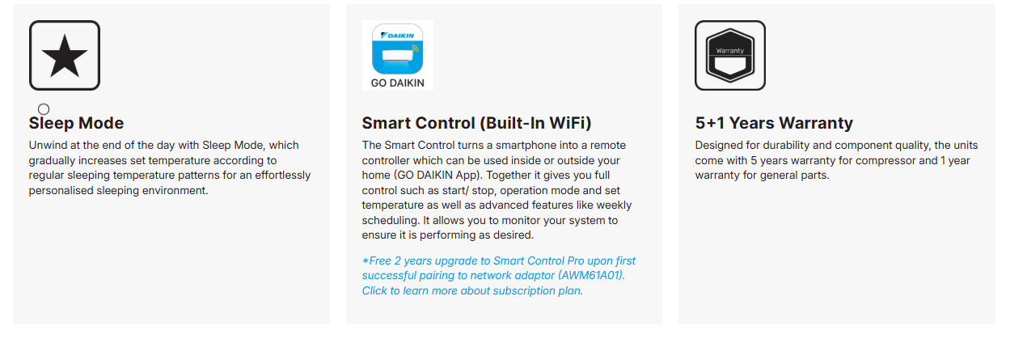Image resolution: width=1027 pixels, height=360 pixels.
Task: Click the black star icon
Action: (65, 56)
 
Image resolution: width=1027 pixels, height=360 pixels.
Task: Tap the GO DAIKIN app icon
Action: (398, 55)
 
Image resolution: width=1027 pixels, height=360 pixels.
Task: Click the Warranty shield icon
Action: (730, 56)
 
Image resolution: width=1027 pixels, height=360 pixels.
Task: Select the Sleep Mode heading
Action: (76, 123)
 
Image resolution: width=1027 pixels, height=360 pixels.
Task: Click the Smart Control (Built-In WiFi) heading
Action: (476, 123)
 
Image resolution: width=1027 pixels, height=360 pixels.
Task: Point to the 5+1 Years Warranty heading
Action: (774, 123)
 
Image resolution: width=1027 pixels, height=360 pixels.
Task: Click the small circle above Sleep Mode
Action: (44, 109)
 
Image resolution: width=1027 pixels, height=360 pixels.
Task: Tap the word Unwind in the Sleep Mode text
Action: (48, 146)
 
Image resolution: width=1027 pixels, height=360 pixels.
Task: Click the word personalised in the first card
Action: (61, 190)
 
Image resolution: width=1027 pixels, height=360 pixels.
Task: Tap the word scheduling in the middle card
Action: (389, 221)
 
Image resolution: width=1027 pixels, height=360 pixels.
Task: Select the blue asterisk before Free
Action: (366, 261)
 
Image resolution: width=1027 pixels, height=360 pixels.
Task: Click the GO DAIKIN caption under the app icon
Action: (398, 83)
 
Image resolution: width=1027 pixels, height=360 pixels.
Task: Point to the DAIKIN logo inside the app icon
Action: (398, 36)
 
